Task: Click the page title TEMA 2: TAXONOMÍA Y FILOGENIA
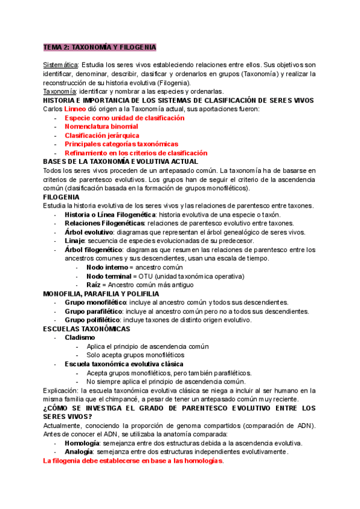100,47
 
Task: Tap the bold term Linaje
76,241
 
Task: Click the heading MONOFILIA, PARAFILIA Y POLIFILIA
101,294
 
